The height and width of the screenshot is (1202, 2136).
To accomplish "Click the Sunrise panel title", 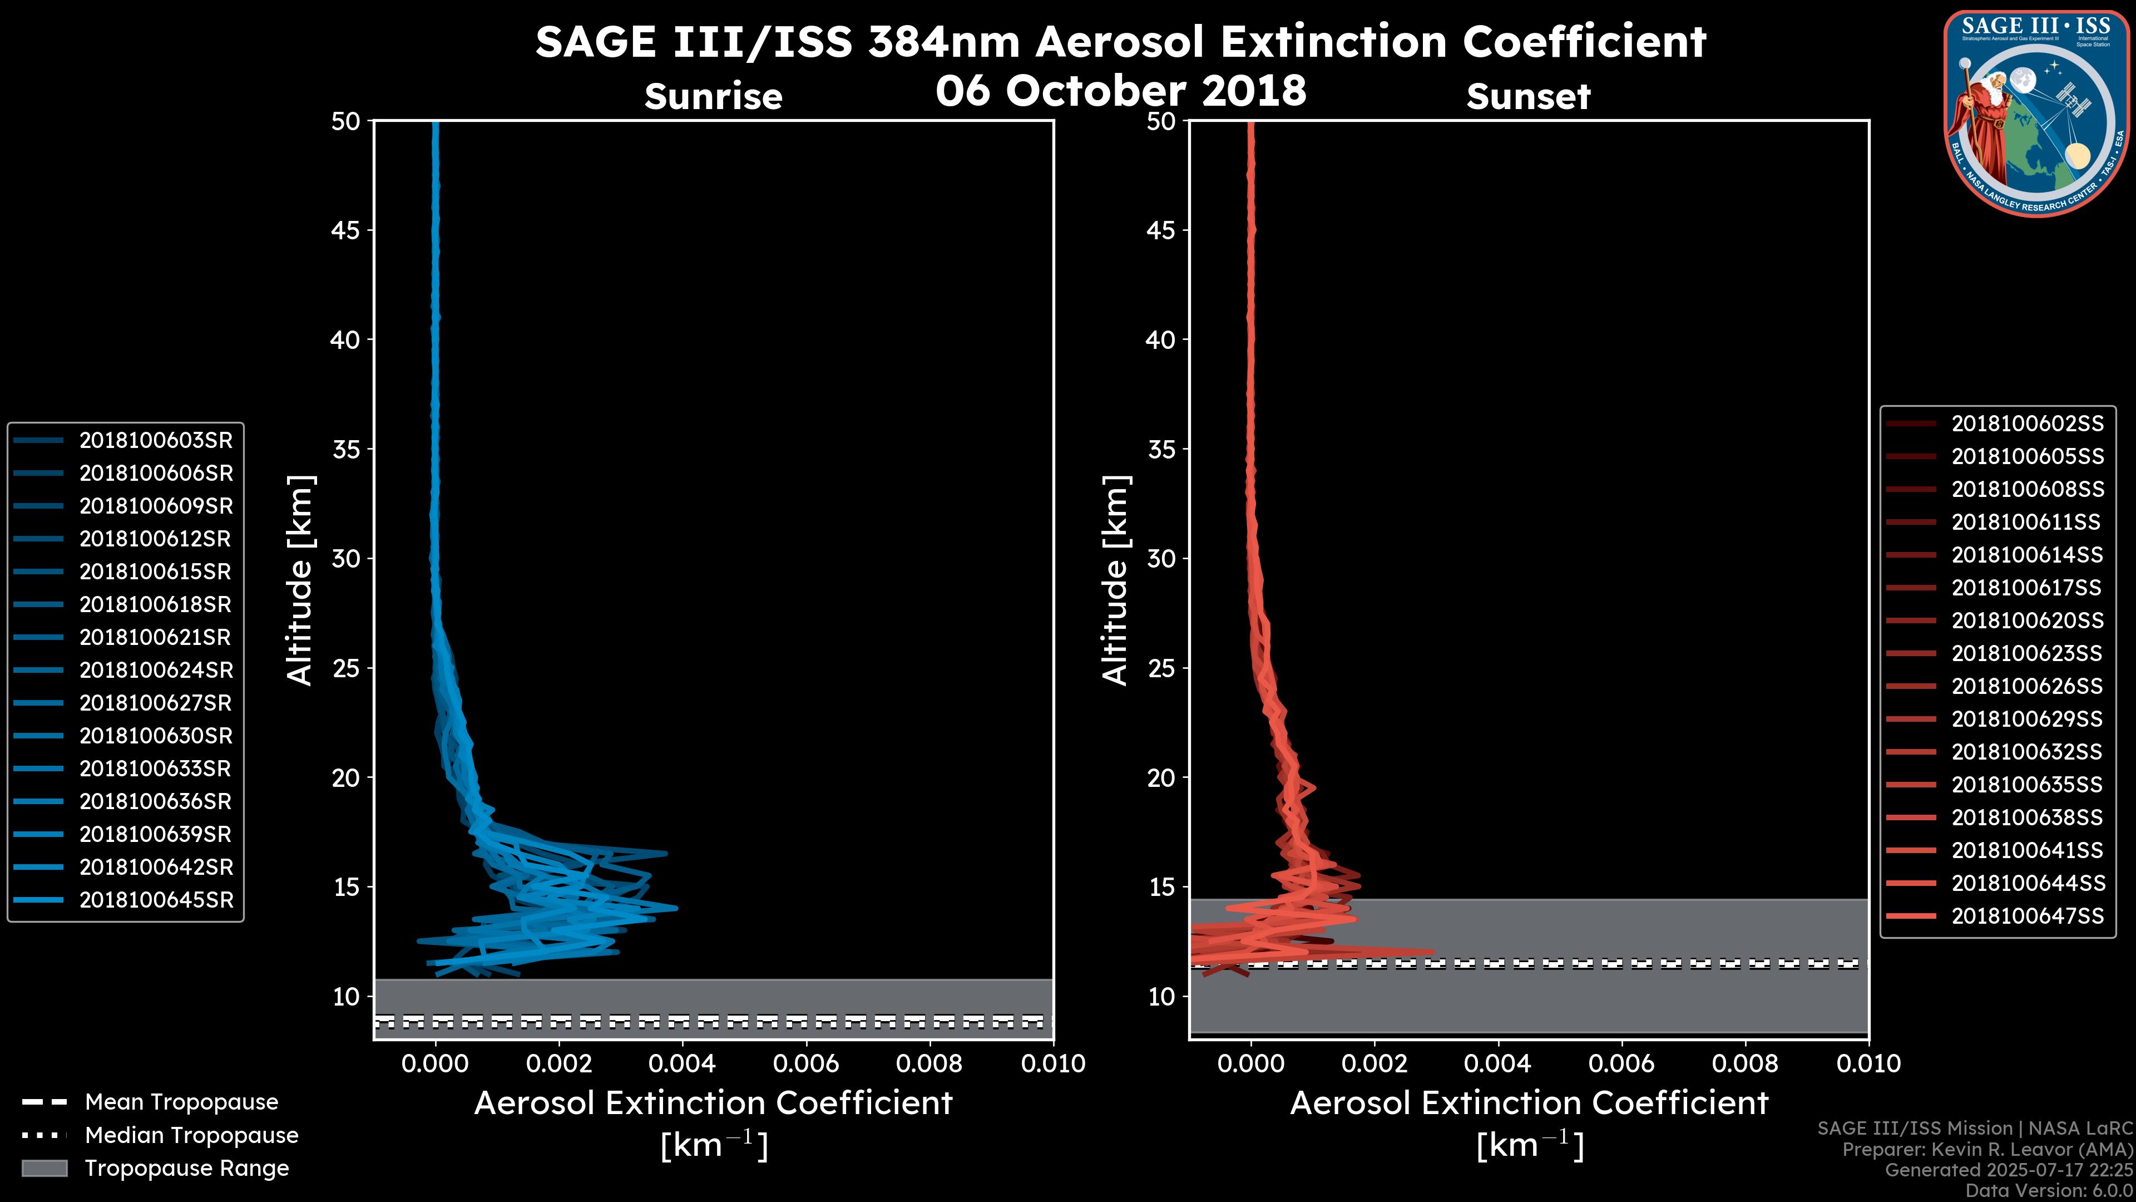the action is pos(713,96).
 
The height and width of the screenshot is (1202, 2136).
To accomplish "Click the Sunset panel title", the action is pos(1528,96).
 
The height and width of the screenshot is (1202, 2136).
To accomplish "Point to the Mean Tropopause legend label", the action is pos(181,1102).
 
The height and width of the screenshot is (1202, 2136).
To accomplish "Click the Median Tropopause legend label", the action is pos(191,1136).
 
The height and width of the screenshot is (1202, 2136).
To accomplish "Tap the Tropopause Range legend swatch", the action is pos(44,1168).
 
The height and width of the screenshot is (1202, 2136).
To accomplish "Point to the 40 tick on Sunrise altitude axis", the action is pos(346,339).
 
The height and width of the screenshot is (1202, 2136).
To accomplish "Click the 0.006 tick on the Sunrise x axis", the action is pos(806,1063).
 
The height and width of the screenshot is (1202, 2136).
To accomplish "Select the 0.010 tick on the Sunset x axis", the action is pos(1868,1063).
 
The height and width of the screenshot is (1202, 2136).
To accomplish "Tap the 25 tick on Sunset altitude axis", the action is pos(1161,668).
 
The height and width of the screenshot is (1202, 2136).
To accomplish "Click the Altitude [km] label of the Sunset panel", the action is pos(1115,580).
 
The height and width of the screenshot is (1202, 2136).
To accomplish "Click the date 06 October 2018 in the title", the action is pos(1121,90).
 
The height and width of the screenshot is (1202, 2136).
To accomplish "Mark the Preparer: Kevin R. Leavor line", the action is pos(1987,1150).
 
